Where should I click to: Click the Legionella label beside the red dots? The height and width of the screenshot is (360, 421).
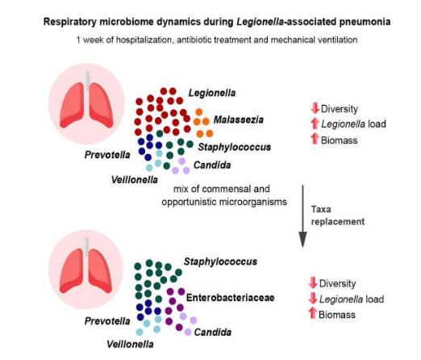[x=212, y=93]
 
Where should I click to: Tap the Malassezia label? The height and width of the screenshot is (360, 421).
[x=239, y=119]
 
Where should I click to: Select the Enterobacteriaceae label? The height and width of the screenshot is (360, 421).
[x=230, y=298]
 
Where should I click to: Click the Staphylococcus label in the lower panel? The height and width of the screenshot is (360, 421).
[x=220, y=262]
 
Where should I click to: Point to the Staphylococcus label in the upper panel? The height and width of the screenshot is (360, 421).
[x=235, y=147]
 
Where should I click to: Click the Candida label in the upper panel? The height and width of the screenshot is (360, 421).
[x=212, y=165]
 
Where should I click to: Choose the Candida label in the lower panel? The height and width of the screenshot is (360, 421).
[x=213, y=333]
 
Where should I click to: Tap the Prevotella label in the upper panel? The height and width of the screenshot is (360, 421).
[x=107, y=155]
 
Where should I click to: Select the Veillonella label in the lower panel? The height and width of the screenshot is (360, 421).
[x=130, y=344]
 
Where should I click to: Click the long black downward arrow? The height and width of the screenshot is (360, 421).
[x=303, y=216]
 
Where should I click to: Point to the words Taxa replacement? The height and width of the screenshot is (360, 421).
[x=338, y=216]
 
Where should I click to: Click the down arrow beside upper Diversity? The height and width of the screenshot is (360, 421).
[x=315, y=108]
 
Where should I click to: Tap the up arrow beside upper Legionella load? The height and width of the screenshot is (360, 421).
[x=315, y=123]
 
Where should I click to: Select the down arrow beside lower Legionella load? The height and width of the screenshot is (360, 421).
[x=313, y=298]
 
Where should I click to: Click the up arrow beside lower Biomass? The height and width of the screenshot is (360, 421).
[x=313, y=313]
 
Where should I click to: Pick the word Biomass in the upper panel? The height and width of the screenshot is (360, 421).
[x=340, y=140]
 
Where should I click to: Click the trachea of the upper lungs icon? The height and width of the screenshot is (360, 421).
[x=87, y=81]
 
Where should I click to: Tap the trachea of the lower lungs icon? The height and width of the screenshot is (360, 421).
[x=86, y=247]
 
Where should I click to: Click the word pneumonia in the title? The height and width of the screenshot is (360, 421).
[x=365, y=22]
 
